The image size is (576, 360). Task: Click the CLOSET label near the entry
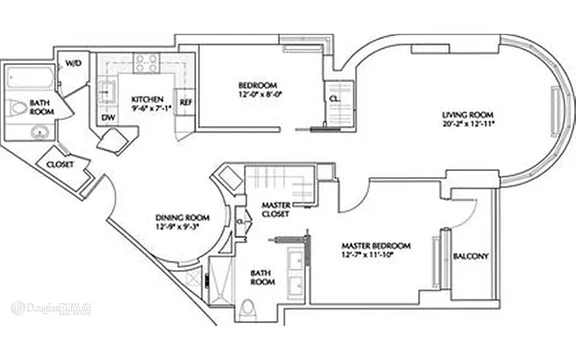pos(59,165)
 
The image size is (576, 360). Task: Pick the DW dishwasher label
pos(107,117)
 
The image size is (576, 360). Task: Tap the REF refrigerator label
pos(186,102)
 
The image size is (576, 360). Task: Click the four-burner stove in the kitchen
pos(146,62)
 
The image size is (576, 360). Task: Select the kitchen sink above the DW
pos(107,90)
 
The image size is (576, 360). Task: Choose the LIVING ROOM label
pos(467,114)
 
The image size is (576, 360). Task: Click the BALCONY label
pos(470,256)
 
